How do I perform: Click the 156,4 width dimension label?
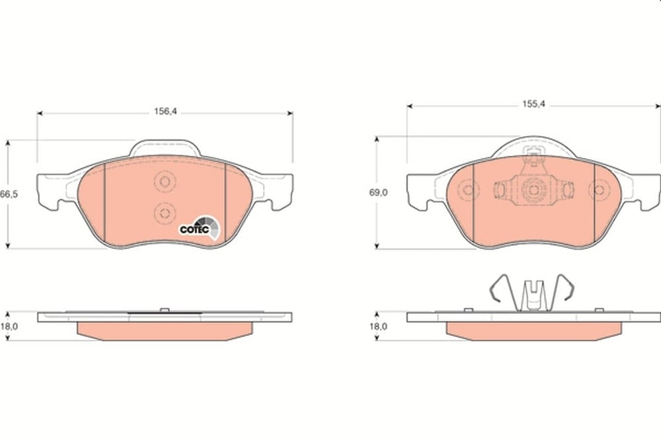[166, 111]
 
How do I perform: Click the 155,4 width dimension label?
[533, 104]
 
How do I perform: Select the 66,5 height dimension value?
[9, 194]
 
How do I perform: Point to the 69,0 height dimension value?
[379, 192]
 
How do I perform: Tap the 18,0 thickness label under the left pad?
[9, 326]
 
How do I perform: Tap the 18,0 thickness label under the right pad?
[378, 326]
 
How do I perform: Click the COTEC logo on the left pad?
[200, 227]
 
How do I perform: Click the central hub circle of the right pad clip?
[533, 190]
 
